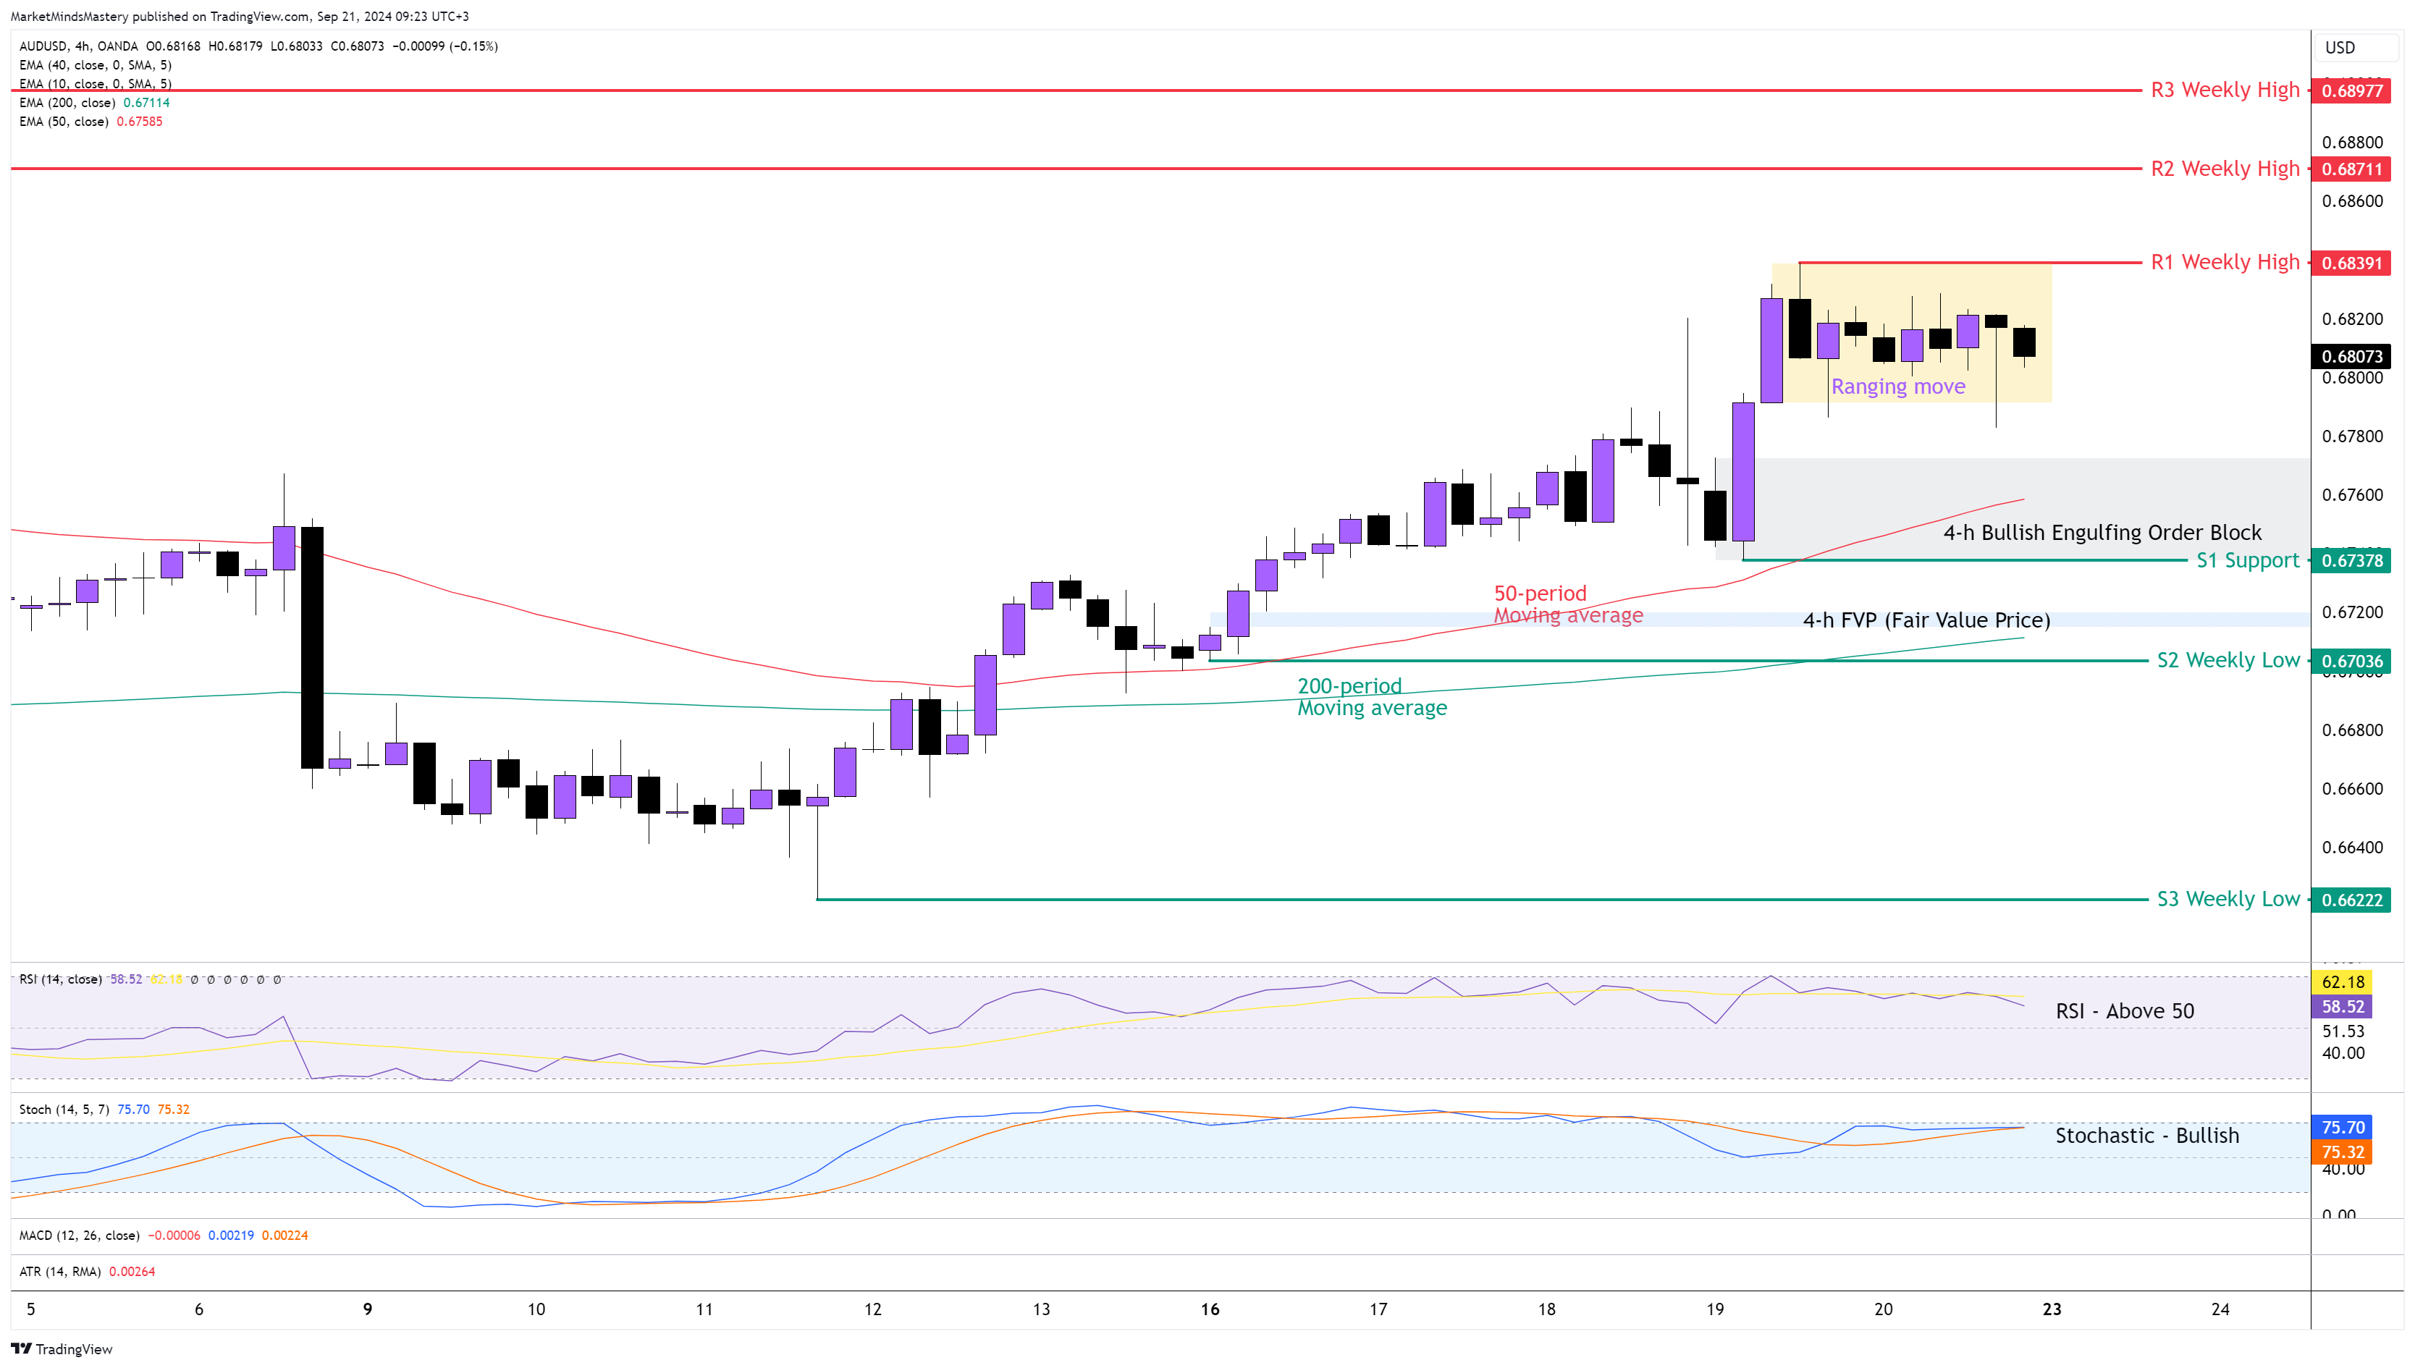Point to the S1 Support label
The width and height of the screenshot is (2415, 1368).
click(2247, 561)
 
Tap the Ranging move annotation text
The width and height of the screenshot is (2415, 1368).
click(1897, 387)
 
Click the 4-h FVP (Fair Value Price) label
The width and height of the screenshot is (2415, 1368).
click(1926, 620)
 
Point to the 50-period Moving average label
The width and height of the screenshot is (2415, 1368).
click(1567, 604)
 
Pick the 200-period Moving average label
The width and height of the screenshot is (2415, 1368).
click(1371, 697)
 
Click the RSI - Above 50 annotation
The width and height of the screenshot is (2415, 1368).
click(2124, 1011)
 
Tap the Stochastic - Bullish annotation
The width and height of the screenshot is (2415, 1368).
click(2146, 1136)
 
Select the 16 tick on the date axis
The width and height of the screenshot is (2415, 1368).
click(1210, 1309)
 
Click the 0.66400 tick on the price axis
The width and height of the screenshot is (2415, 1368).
click(2351, 848)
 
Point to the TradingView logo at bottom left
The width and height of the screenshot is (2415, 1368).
click(62, 1349)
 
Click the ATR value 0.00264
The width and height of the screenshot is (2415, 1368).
click(132, 1271)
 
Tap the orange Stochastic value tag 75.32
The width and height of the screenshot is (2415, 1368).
click(2342, 1152)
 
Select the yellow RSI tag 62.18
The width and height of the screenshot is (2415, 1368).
click(2342, 981)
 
